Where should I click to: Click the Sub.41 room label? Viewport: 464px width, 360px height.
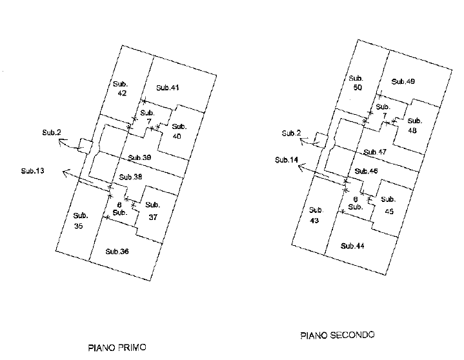167,88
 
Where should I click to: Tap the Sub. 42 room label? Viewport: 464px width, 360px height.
121,89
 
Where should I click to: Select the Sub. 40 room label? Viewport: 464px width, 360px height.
178,131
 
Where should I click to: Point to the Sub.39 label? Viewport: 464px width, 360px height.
139,158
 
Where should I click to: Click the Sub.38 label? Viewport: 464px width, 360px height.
130,177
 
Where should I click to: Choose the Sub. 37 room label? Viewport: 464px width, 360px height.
153,211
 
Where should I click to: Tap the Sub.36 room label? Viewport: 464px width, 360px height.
117,251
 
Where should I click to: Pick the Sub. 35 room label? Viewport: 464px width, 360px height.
79,221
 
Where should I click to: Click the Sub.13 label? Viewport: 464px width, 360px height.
32,171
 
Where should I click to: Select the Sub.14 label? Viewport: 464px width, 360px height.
285,160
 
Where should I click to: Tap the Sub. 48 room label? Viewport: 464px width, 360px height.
414,125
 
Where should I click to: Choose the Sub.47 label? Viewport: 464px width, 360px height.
374,152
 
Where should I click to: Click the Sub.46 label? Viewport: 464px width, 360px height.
365,171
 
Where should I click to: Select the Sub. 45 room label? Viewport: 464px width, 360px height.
388,206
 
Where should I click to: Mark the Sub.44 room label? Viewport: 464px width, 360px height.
352,246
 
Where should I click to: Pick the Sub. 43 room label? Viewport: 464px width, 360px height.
315,215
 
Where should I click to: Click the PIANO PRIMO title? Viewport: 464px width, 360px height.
117,348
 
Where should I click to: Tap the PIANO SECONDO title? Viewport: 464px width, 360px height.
338,335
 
